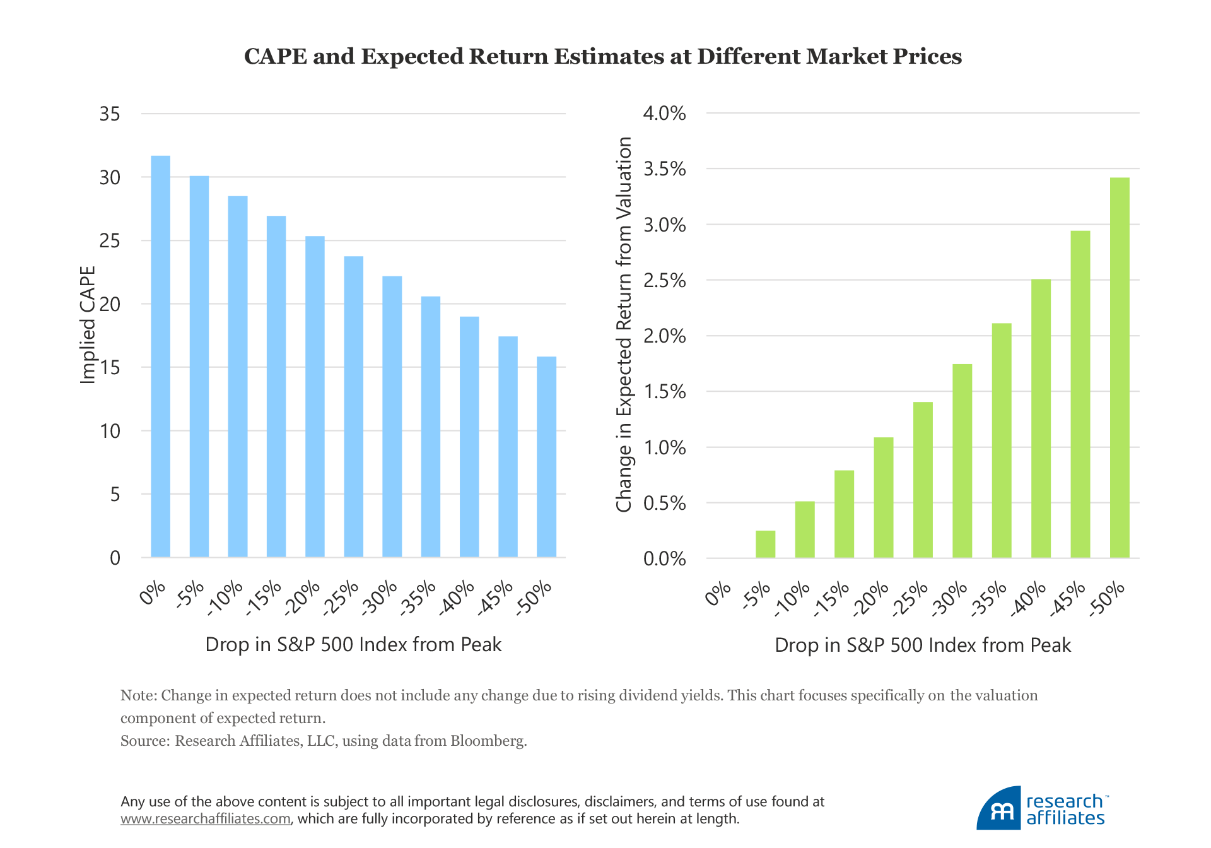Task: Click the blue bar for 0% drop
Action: (x=160, y=356)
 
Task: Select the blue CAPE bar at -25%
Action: (x=353, y=407)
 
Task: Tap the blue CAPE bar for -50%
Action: (x=546, y=457)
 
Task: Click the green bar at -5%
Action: (x=765, y=544)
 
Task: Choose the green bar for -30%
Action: (x=962, y=461)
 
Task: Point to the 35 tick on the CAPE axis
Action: (x=110, y=114)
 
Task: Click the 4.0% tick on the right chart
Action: (x=664, y=114)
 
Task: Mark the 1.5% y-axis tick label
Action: (x=664, y=392)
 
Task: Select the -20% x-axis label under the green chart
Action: (x=871, y=599)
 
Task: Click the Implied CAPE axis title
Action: (x=88, y=324)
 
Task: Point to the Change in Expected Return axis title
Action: (x=624, y=324)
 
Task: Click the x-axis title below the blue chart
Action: (x=353, y=644)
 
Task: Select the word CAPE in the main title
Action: (x=275, y=56)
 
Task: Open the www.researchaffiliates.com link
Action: (x=206, y=819)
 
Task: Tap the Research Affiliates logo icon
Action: (x=1000, y=809)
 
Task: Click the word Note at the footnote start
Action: (x=137, y=695)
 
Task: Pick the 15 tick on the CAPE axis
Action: (x=110, y=368)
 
